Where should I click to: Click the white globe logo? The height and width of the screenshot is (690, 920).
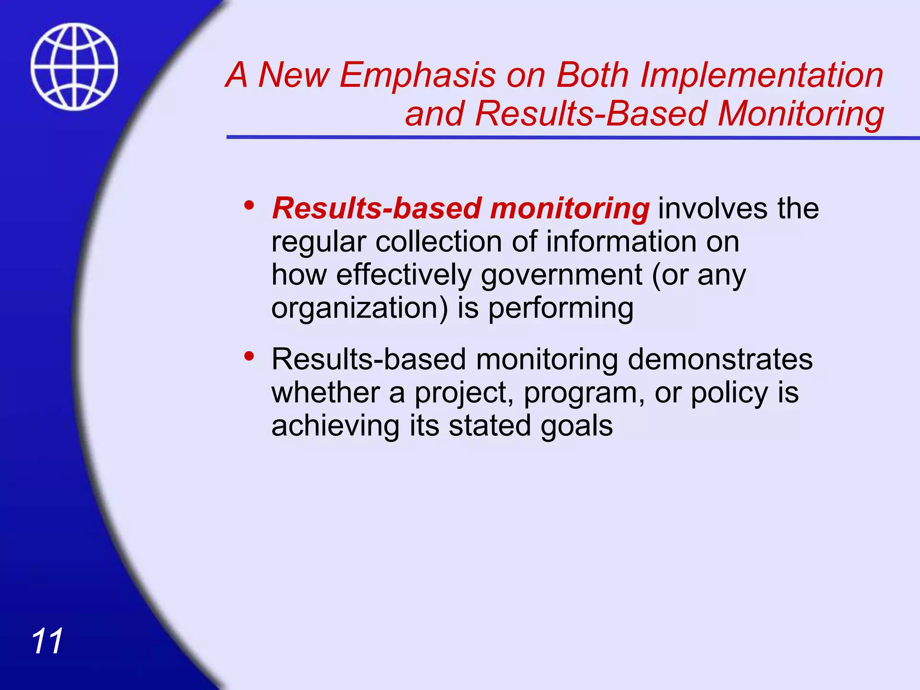[75, 66]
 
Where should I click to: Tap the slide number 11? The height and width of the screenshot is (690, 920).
[47, 641]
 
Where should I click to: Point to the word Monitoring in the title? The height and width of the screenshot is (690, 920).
[801, 113]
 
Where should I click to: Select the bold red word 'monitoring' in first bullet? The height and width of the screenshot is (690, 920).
[569, 209]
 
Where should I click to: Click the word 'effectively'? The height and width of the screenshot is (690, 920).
[403, 275]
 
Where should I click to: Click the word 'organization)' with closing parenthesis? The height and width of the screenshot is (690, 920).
[359, 309]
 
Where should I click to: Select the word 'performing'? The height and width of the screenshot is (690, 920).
[561, 309]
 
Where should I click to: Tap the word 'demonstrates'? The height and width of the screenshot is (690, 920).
[720, 359]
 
